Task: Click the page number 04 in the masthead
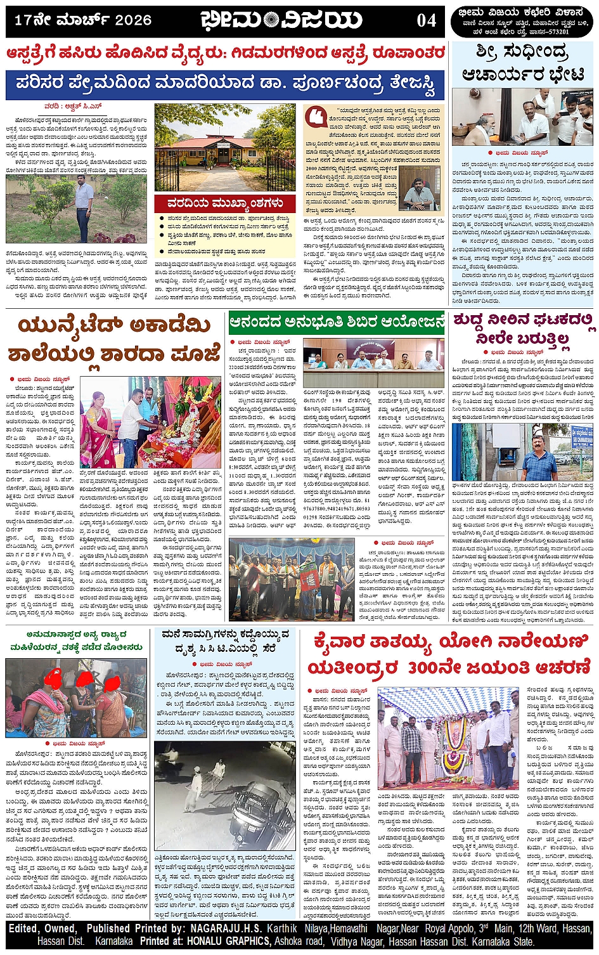427,21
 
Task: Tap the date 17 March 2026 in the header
82,20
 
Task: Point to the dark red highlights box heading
225,204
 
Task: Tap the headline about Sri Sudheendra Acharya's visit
523,63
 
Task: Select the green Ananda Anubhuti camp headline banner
337,323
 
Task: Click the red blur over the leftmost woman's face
52,682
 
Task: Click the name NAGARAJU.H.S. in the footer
228,928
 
